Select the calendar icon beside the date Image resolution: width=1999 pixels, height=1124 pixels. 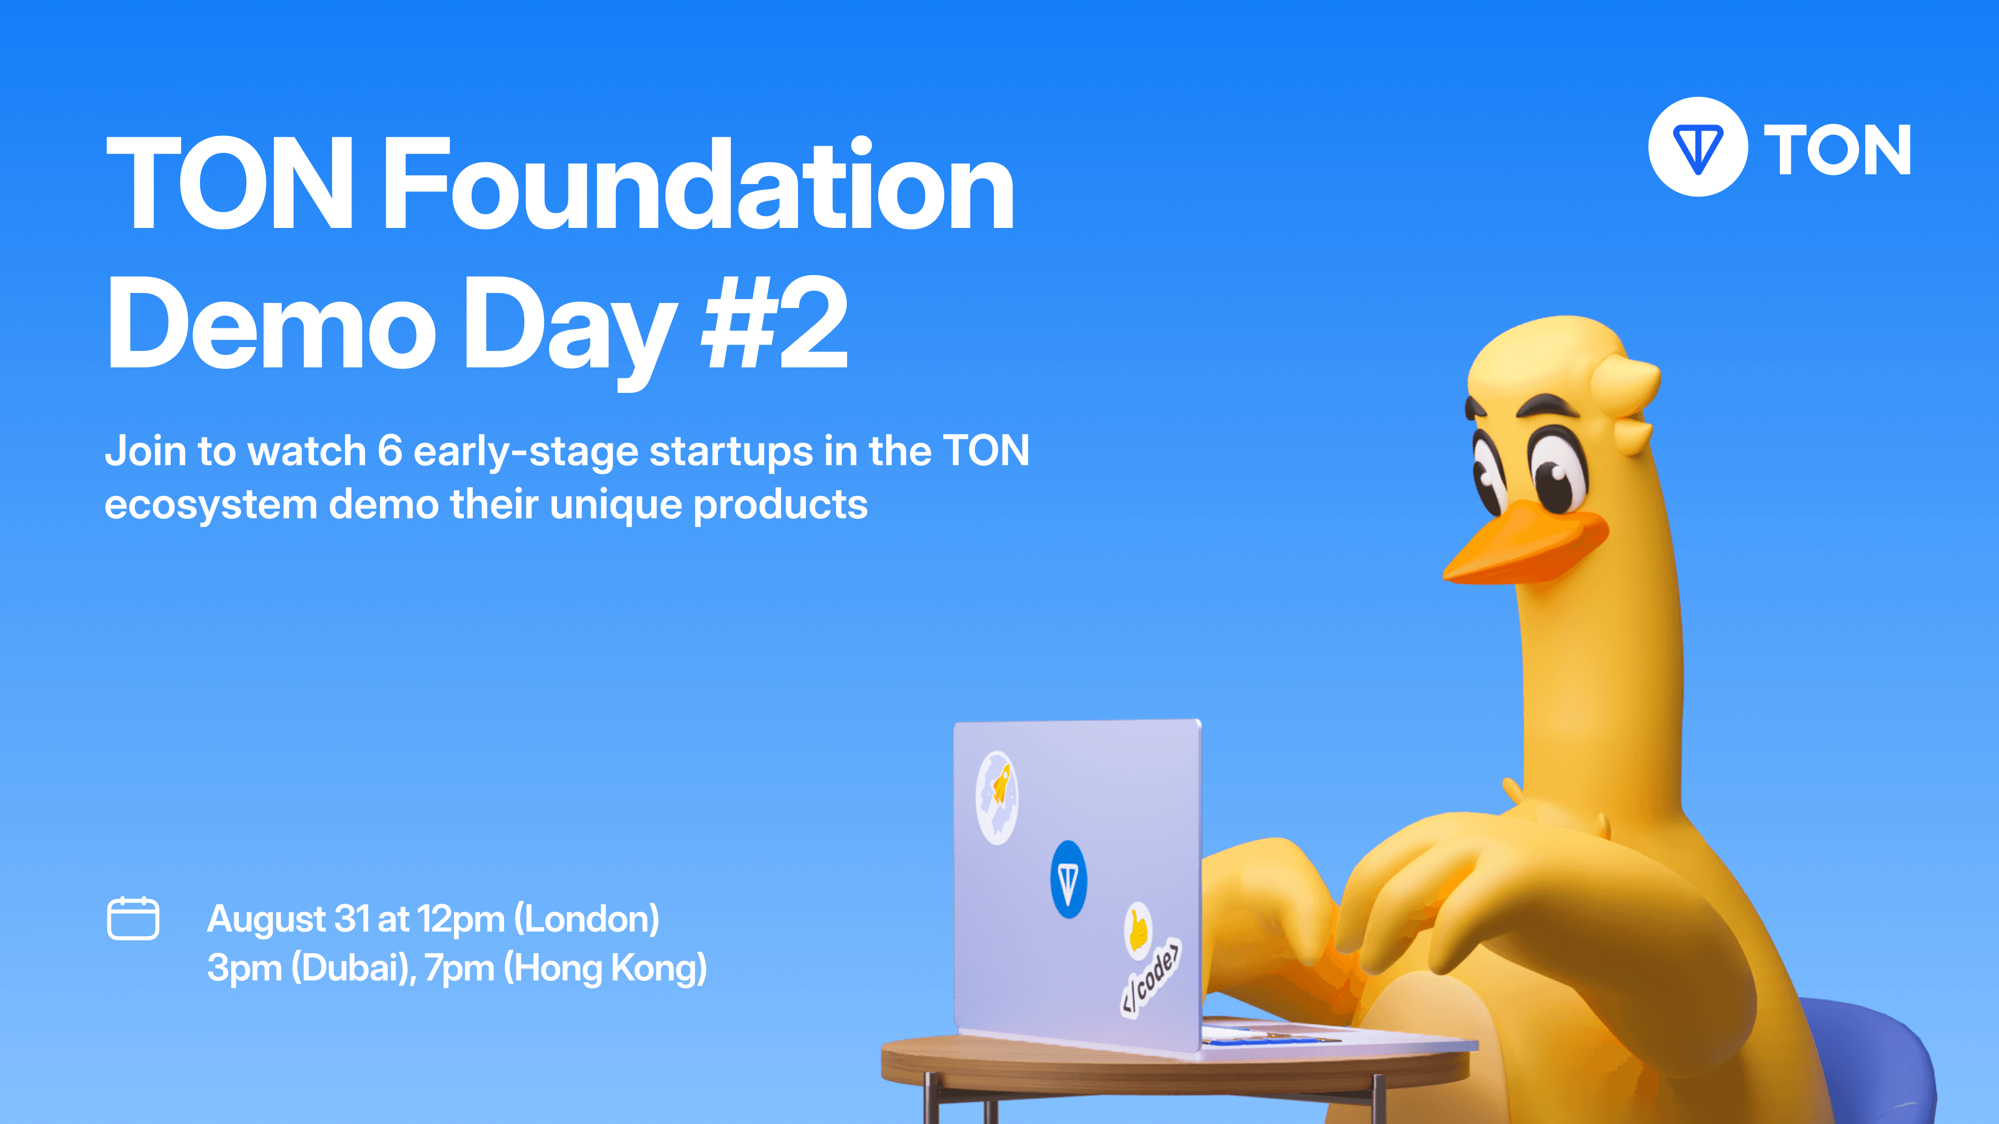133,918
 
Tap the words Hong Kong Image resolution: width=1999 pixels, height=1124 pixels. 605,968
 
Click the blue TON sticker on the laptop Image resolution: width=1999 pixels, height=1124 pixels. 1069,879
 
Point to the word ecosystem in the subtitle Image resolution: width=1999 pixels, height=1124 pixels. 211,505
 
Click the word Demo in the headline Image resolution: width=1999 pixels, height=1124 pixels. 272,324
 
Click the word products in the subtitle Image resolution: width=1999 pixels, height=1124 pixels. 780,505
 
